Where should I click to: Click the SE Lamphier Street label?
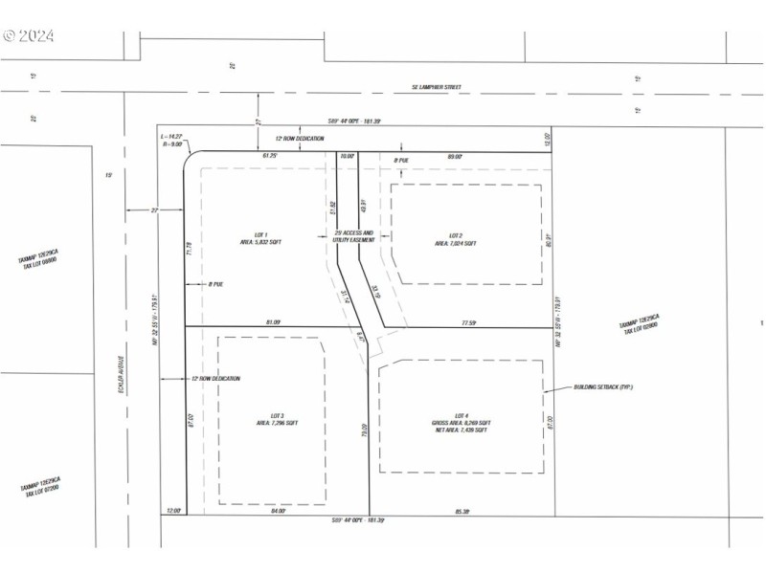pos(437,87)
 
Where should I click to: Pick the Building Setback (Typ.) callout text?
pos(603,386)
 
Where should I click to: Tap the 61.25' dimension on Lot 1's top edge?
pos(271,155)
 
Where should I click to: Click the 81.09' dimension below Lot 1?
pos(271,321)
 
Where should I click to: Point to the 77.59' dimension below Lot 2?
pos(467,322)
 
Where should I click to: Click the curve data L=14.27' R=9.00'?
pos(172,142)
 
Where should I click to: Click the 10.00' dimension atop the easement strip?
pos(347,156)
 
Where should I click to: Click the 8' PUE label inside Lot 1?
pos(216,284)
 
